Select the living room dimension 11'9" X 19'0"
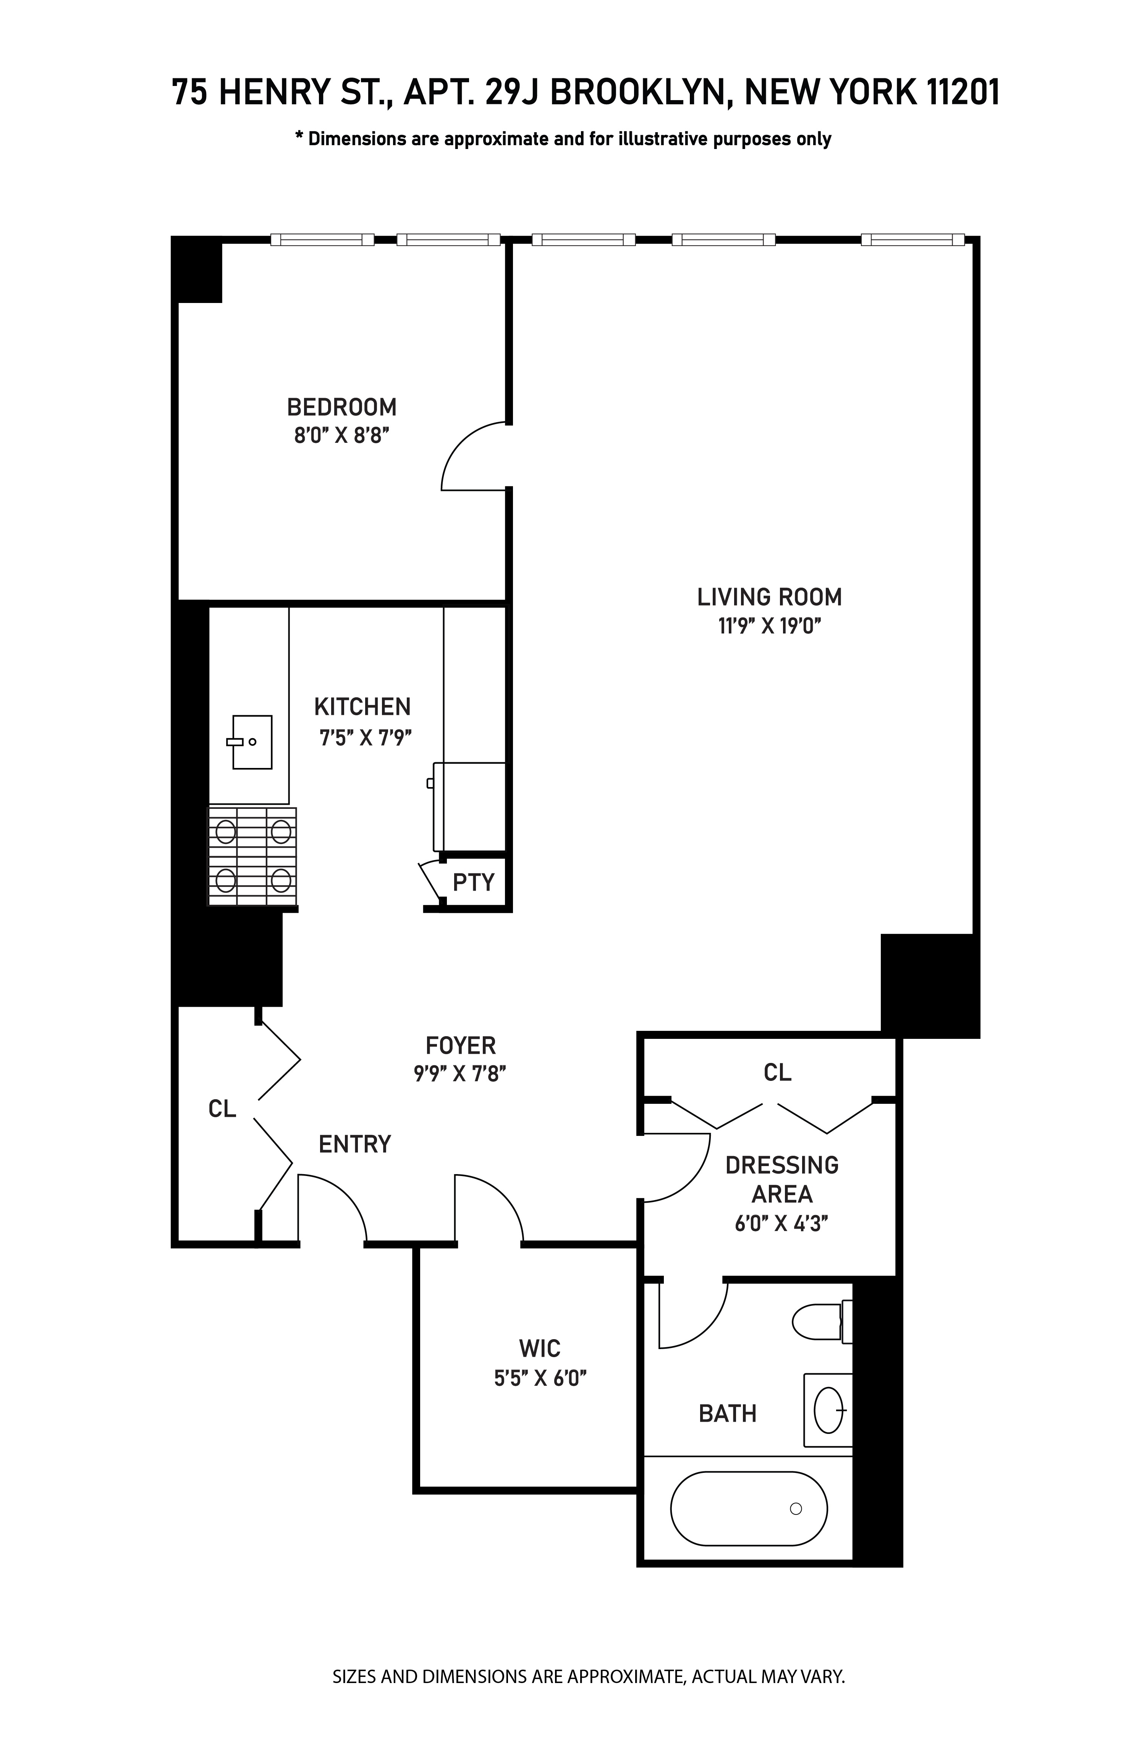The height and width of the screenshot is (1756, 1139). [769, 626]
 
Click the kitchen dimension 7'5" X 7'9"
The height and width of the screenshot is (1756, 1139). [364, 737]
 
